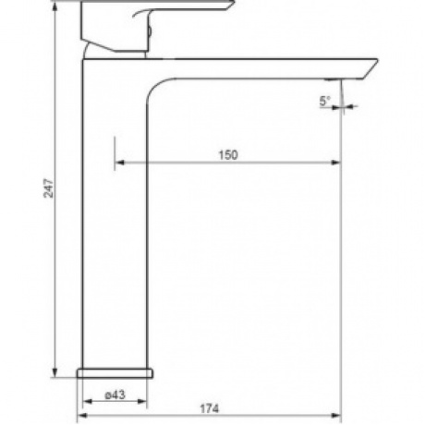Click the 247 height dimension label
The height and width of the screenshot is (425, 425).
[x=49, y=188]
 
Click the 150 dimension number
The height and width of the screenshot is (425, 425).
[x=228, y=155]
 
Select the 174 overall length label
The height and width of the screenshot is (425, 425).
[x=210, y=409]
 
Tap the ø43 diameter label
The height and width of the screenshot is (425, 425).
[x=115, y=395]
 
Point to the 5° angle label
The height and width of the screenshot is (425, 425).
[x=324, y=101]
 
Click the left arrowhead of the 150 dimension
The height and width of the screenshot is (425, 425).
[x=119, y=163]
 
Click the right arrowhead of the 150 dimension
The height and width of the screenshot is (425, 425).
[x=335, y=163]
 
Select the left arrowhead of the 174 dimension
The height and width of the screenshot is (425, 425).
[x=82, y=416]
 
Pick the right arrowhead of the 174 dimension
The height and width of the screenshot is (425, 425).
[x=336, y=416]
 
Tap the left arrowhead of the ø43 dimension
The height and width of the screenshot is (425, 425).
[x=88, y=401]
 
